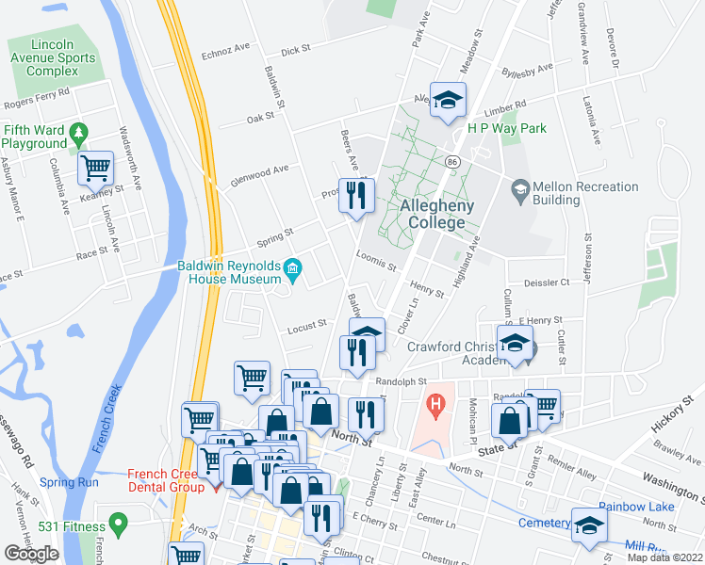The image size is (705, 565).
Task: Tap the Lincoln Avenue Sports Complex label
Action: click(52, 57)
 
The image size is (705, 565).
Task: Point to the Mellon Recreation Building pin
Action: click(519, 191)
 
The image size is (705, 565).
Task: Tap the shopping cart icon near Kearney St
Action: click(95, 169)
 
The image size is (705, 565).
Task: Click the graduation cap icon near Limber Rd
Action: click(448, 100)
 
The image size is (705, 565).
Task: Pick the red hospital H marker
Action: click(435, 407)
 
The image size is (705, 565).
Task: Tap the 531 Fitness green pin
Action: click(118, 522)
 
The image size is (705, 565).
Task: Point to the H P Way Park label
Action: click(509, 128)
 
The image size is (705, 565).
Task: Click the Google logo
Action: click(31, 554)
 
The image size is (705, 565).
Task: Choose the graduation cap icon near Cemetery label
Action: click(588, 526)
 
